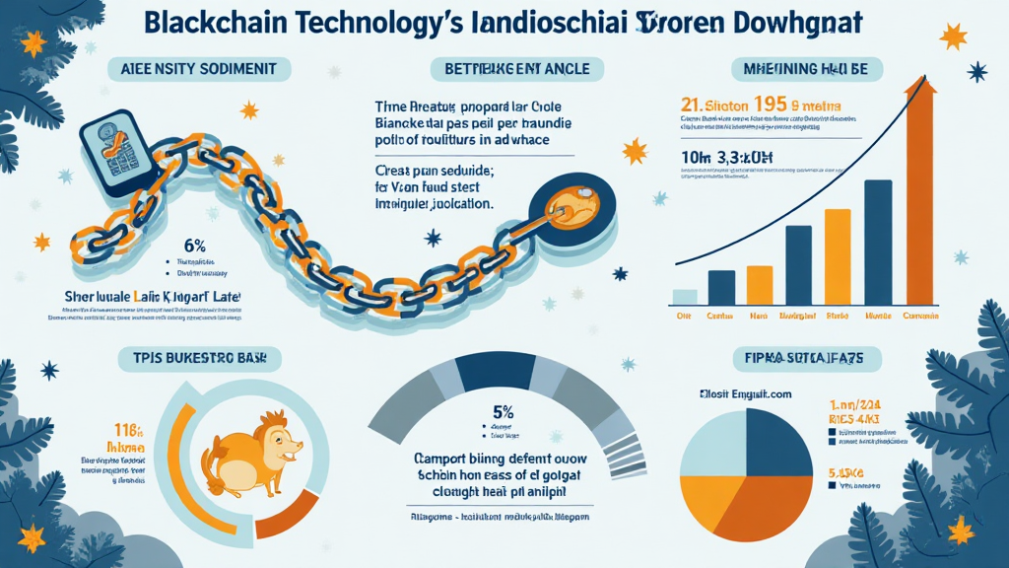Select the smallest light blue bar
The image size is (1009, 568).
[684, 296]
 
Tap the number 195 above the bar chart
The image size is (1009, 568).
[778, 106]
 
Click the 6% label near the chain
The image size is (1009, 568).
[194, 244]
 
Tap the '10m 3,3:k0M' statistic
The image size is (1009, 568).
[723, 158]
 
